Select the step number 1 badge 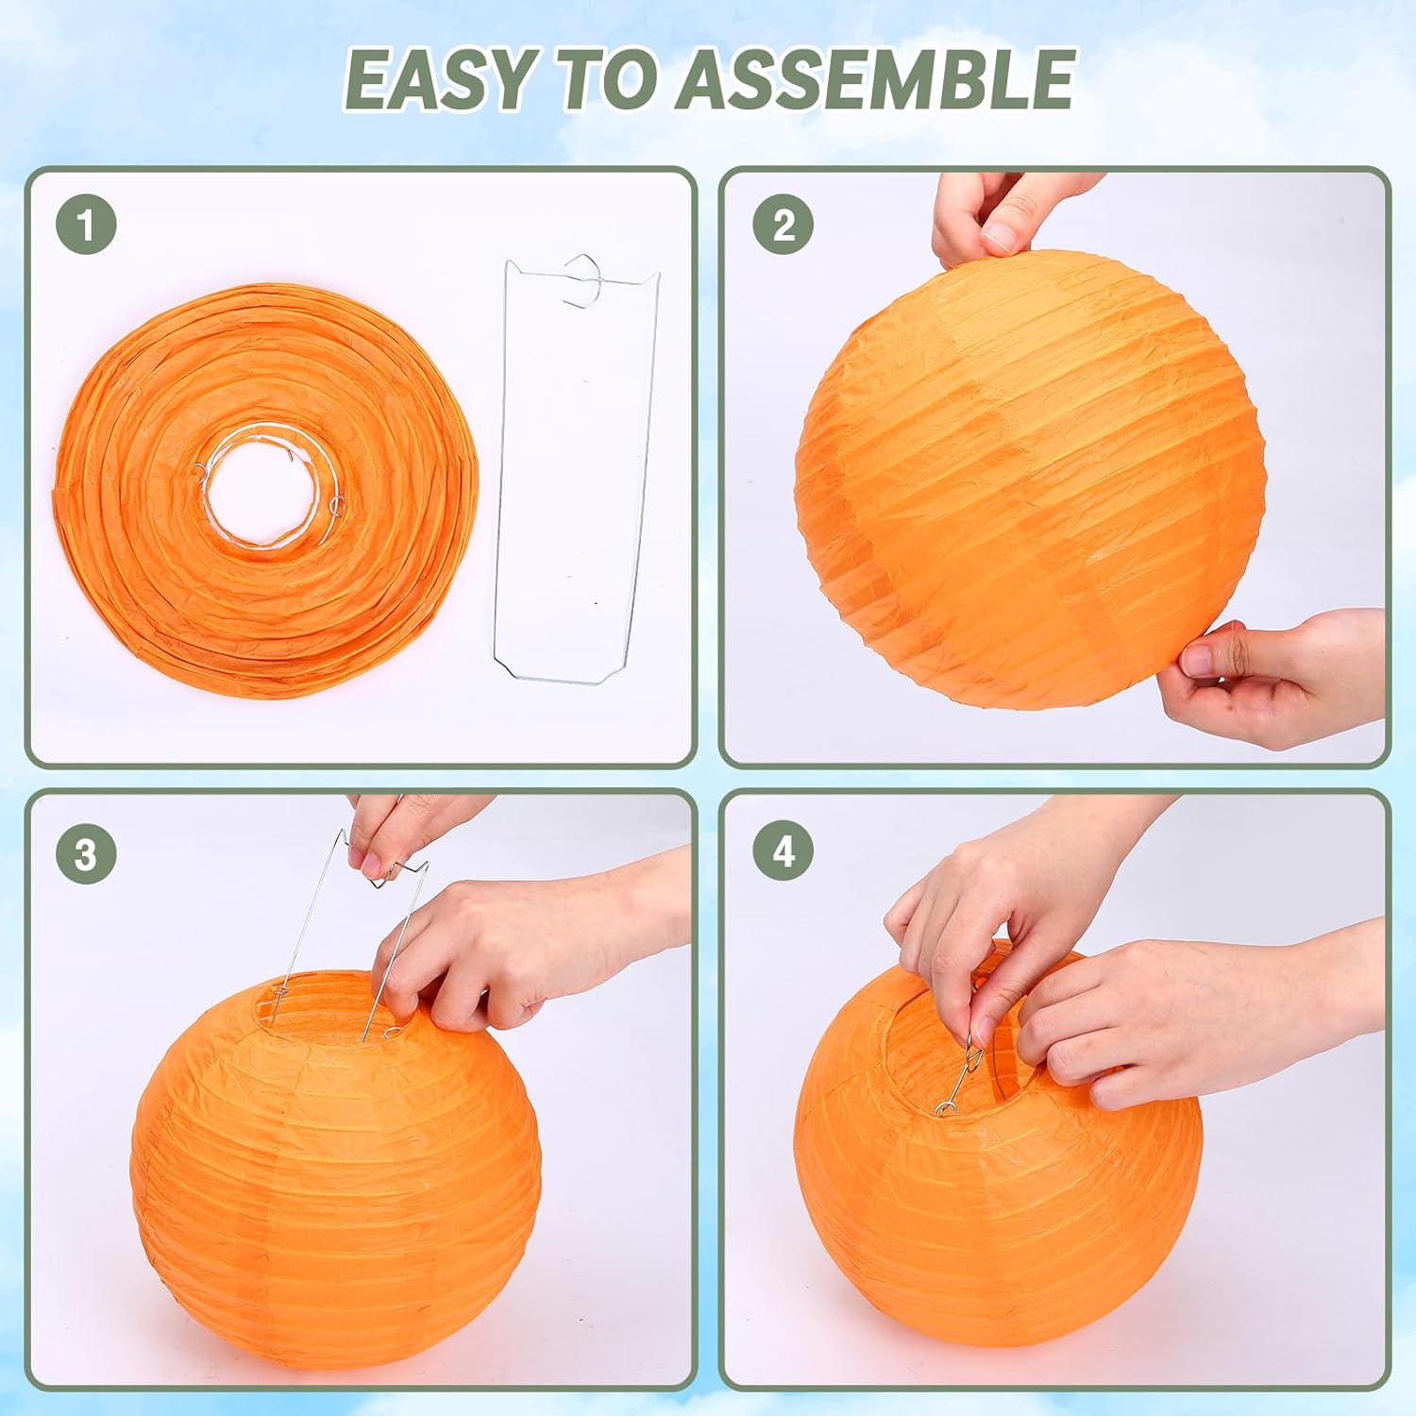click(x=86, y=225)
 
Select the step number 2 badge click(x=783, y=225)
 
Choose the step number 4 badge click(x=783, y=851)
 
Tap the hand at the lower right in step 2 click(x=1274, y=675)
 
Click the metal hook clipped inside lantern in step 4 click(x=963, y=1076)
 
